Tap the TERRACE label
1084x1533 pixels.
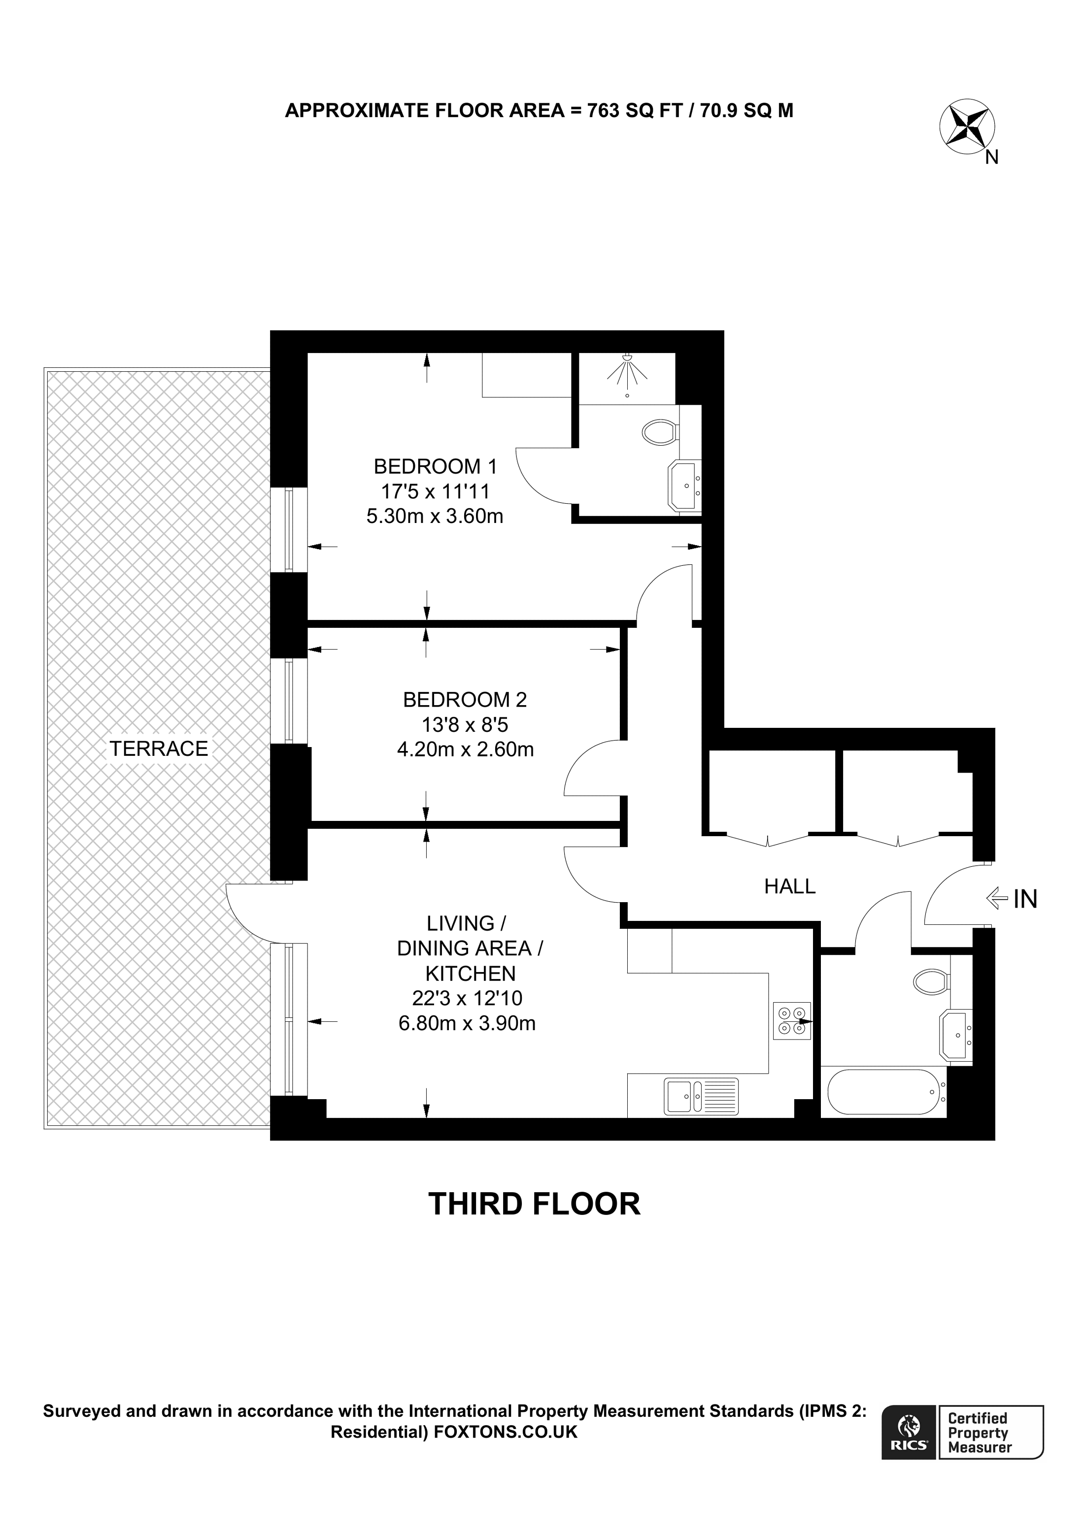point(159,749)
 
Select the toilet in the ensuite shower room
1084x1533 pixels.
point(660,431)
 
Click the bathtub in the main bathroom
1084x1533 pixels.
point(883,1092)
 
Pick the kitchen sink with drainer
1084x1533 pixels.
point(701,1096)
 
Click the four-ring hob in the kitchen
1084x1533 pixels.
point(791,1021)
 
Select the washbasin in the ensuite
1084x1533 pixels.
point(684,486)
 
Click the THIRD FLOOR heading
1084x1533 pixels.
point(534,1204)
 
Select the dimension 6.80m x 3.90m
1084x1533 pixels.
point(467,1023)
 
